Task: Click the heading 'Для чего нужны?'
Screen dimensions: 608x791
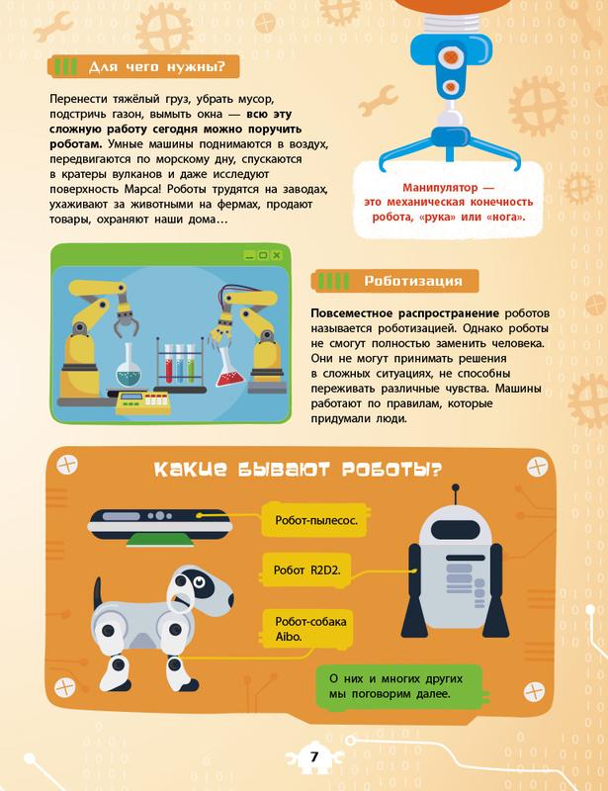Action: [156, 66]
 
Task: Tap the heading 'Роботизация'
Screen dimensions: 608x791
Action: [413, 281]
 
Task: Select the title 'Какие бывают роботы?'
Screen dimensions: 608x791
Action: [298, 469]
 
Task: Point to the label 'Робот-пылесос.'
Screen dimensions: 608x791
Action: [315, 520]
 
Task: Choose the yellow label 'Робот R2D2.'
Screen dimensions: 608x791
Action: [306, 571]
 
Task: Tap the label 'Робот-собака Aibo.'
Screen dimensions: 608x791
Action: [310, 629]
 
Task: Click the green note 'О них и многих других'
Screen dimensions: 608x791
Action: [395, 678]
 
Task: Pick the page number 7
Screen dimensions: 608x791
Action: [314, 756]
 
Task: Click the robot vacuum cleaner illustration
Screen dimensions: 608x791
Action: [160, 525]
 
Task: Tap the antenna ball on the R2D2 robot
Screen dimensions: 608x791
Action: [456, 487]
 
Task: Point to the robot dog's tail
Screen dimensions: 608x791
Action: [98, 591]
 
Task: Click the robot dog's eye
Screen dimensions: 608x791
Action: [200, 581]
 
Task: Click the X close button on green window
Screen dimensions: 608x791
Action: [277, 255]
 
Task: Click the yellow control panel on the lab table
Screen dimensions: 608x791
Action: [143, 403]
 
